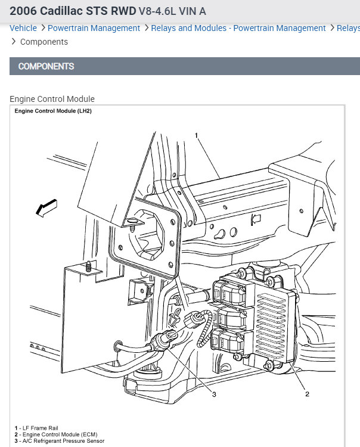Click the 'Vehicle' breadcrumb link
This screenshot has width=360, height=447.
pyautogui.click(x=23, y=28)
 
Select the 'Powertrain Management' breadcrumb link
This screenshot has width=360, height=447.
pyautogui.click(x=94, y=28)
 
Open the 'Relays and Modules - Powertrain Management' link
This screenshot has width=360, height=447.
pyautogui.click(x=238, y=28)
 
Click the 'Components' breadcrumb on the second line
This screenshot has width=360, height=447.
pyautogui.click(x=44, y=42)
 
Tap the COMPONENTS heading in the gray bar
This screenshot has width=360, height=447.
pyautogui.click(x=46, y=66)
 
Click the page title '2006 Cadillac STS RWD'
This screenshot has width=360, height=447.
pyautogui.click(x=73, y=11)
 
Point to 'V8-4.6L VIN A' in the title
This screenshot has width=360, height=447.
pyautogui.click(x=172, y=11)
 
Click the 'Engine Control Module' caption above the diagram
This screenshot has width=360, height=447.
pyautogui.click(x=52, y=99)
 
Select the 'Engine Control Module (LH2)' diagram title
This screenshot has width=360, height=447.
pyautogui.click(x=53, y=111)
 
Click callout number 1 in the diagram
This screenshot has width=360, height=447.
pyautogui.click(x=196, y=136)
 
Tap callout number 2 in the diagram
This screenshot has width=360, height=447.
pyautogui.click(x=307, y=394)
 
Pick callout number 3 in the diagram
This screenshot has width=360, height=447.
pyautogui.click(x=214, y=394)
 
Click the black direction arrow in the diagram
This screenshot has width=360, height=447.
pyautogui.click(x=46, y=207)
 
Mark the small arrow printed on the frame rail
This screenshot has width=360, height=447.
pyautogui.click(x=256, y=219)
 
